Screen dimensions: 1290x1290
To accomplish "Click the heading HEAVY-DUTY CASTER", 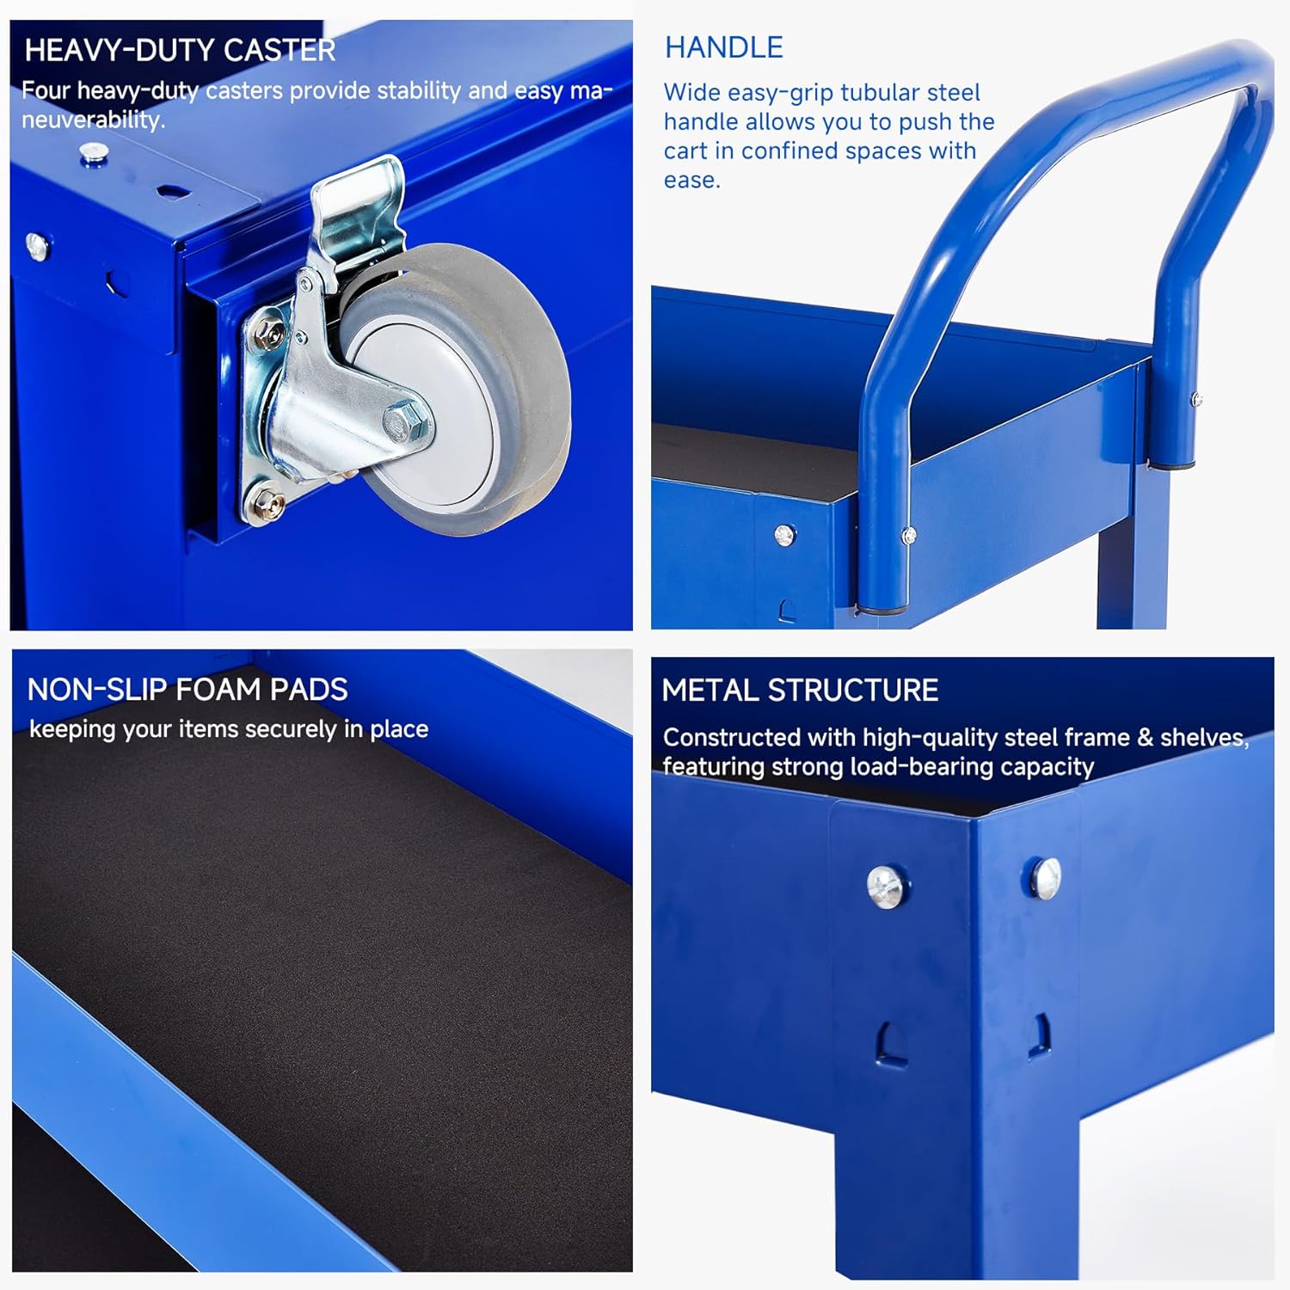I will point(180,51).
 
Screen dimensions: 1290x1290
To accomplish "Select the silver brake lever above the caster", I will point(361,206).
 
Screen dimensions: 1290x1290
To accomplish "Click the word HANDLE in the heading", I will point(723,47).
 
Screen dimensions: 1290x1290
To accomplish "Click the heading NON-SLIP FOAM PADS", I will point(187,690).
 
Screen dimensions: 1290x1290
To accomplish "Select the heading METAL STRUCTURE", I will point(800,691).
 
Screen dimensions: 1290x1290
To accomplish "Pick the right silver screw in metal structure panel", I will point(1046,878).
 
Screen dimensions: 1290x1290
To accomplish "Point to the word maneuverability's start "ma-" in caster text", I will point(591,91).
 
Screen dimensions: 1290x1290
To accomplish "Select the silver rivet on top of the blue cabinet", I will point(93,153).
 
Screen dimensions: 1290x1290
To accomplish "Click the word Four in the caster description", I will point(46,91).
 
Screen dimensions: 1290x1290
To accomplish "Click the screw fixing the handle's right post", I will point(1195,399).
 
